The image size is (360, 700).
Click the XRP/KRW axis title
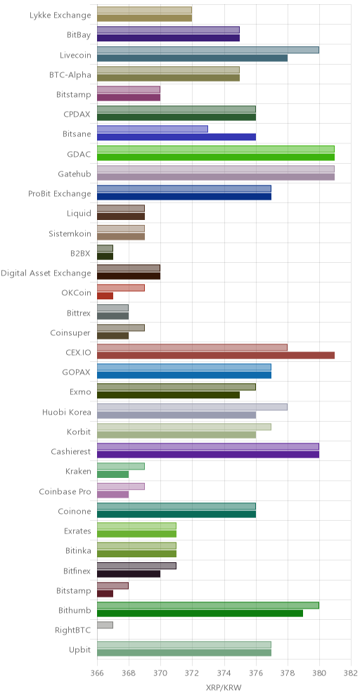[224, 686]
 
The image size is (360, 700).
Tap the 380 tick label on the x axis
[319, 673]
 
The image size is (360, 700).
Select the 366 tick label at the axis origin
[97, 673]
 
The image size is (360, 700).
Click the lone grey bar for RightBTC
[105, 625]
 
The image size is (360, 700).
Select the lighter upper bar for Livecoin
[207, 50]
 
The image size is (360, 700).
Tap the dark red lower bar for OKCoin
[105, 296]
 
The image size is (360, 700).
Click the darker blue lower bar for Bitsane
[176, 137]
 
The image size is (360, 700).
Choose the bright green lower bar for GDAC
[216, 157]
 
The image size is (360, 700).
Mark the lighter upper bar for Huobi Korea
[192, 407]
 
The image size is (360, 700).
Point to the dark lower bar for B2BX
[105, 257]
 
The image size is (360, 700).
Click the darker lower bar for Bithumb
[200, 614]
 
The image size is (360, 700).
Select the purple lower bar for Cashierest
[207, 455]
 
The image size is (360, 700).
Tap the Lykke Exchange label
[60, 15]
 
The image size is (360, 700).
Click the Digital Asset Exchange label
[46, 273]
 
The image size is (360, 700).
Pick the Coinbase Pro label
[65, 491]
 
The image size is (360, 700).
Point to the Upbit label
[82, 650]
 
